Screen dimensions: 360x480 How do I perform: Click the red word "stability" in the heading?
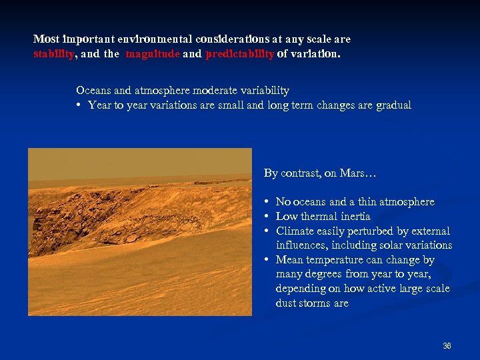click(x=53, y=55)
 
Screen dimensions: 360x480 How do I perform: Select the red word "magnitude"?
click(x=152, y=55)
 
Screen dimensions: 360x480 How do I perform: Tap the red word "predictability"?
click(x=240, y=55)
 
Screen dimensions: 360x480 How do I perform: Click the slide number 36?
click(x=447, y=346)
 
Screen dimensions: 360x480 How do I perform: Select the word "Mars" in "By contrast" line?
click(x=353, y=173)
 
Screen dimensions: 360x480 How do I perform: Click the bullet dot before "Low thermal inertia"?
click(x=266, y=217)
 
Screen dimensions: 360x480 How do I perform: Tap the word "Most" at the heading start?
click(x=46, y=39)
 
